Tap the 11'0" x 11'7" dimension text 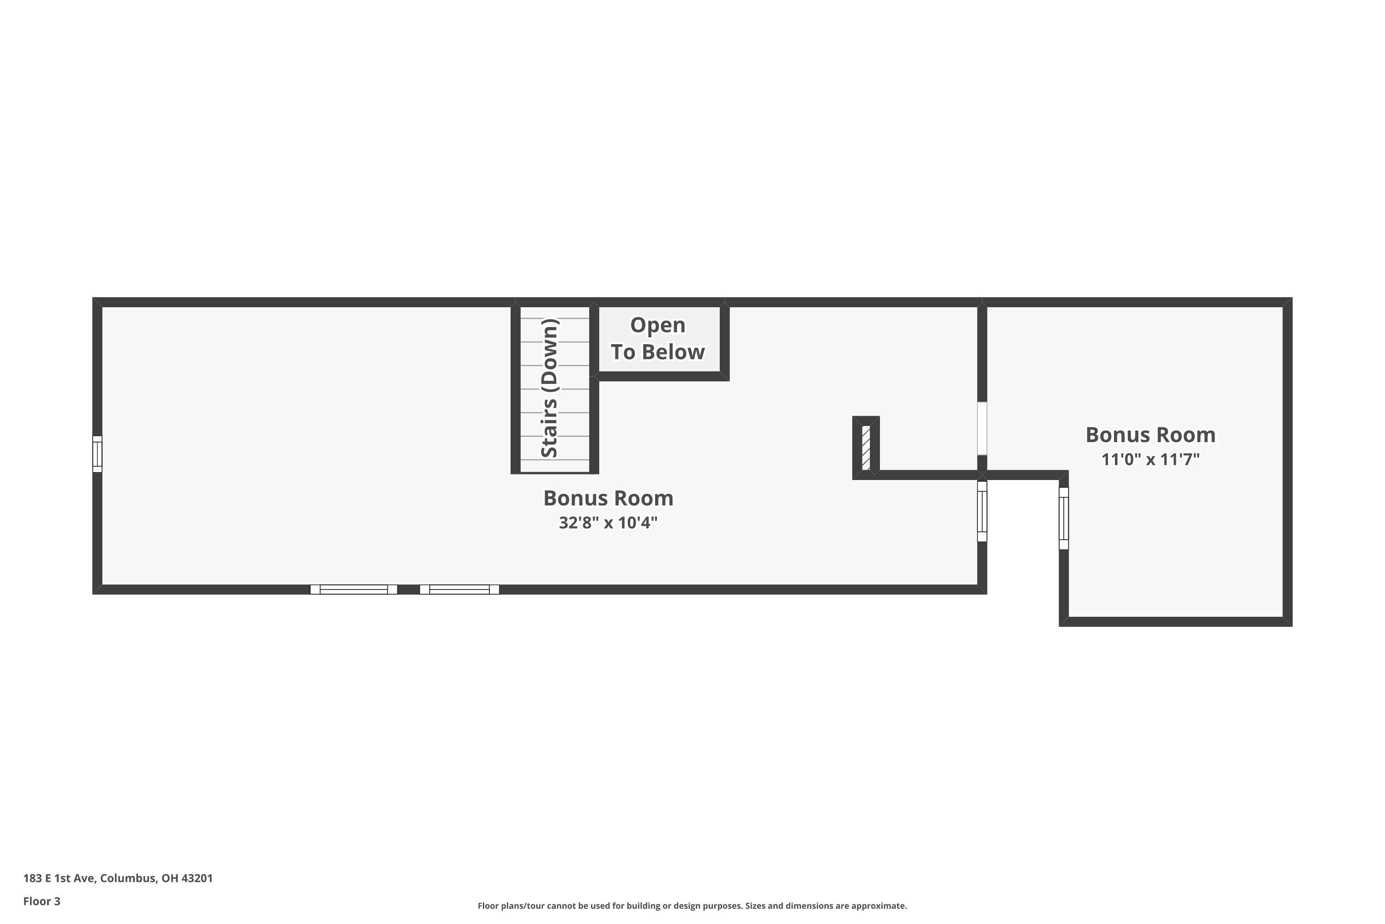(x=1150, y=459)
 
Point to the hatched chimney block (x=866, y=448)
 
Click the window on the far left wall (x=97, y=454)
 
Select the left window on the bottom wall (x=353, y=590)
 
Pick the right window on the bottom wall (x=459, y=590)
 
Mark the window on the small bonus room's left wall (x=1064, y=518)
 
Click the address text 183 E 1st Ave (x=59, y=878)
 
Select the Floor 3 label (x=42, y=901)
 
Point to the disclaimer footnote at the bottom (x=692, y=906)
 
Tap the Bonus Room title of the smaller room (x=1150, y=435)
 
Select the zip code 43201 (x=197, y=878)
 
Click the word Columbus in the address (x=128, y=878)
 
